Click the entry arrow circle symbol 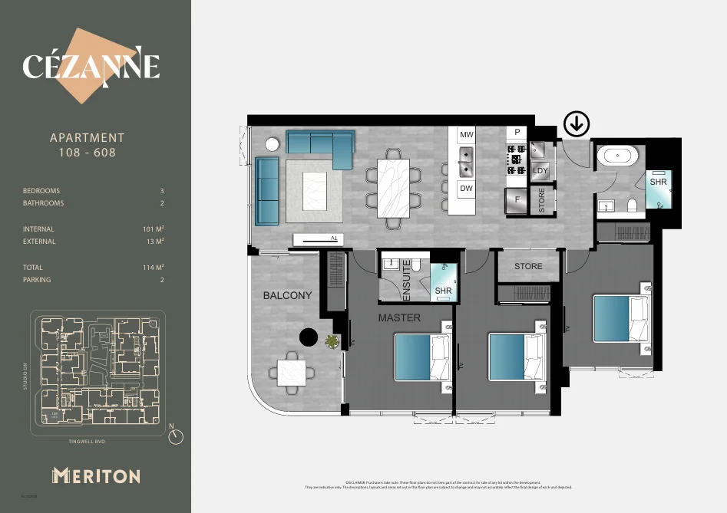pos(577,123)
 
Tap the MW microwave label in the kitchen pos(466,135)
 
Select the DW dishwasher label pos(466,188)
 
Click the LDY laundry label pos(540,170)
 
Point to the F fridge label pos(517,200)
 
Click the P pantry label pos(517,132)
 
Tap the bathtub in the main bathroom pos(618,156)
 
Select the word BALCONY pos(288,295)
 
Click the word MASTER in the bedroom pos(399,317)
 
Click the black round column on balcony pos(309,337)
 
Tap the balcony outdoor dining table pos(292,373)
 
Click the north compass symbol pos(177,436)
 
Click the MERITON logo pos(96,475)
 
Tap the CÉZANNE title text pos(91,67)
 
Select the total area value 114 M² pos(155,268)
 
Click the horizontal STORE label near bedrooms pos(528,266)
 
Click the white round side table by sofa pos(272,144)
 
